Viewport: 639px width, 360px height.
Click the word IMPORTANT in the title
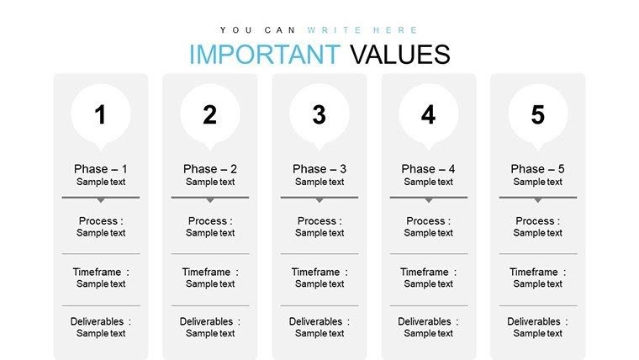pyautogui.click(x=264, y=54)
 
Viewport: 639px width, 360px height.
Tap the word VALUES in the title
pyautogui.click(x=400, y=54)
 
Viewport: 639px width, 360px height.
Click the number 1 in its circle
pyautogui.click(x=101, y=115)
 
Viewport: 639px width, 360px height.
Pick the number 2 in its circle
pyautogui.click(x=210, y=115)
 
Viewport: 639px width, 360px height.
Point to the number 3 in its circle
pyautogui.click(x=319, y=115)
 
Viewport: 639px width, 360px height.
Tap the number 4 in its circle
pyautogui.click(x=429, y=115)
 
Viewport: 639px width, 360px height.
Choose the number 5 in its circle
pyautogui.click(x=538, y=115)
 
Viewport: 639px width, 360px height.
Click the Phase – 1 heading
pyautogui.click(x=101, y=169)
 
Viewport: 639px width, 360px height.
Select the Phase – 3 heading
pyautogui.click(x=319, y=169)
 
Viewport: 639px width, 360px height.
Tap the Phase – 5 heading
pyautogui.click(x=538, y=169)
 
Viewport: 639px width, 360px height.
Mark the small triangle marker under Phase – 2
pyautogui.click(x=210, y=200)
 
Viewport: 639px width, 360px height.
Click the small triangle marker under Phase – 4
pyautogui.click(x=429, y=200)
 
